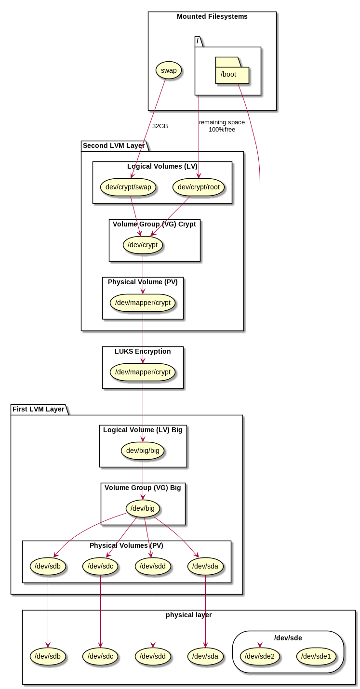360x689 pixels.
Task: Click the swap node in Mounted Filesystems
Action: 169,70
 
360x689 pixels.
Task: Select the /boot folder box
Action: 232,74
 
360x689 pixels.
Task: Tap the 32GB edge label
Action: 160,126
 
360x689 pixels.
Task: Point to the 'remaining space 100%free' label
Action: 222,126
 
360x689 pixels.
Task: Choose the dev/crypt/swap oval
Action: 128,187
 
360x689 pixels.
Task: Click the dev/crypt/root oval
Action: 199,187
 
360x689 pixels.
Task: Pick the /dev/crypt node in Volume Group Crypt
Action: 143,245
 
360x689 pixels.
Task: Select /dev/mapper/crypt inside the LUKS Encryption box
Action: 143,372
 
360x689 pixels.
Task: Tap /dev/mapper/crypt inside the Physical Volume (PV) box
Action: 143,303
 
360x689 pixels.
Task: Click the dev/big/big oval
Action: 143,450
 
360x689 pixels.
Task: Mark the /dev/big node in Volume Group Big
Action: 143,508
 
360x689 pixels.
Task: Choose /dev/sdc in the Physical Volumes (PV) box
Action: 100,566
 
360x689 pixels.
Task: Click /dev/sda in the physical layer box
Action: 205,656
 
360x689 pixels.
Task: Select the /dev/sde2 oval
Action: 260,656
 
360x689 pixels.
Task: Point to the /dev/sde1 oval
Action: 316,656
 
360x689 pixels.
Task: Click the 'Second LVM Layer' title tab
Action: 114,146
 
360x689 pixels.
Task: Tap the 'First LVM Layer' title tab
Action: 39,409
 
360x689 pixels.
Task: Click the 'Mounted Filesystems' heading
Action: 212,16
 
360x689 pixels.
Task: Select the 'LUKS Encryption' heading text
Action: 143,351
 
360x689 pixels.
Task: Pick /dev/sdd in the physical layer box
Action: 153,656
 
